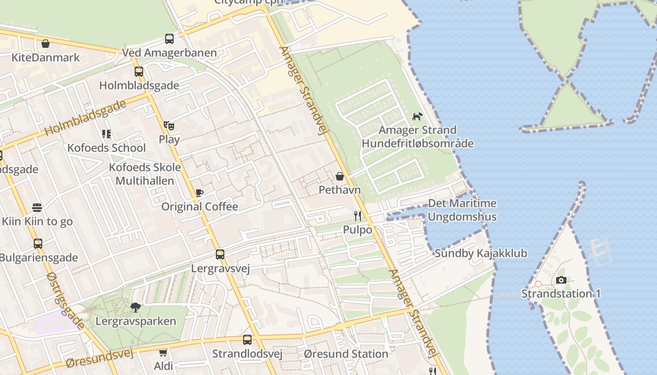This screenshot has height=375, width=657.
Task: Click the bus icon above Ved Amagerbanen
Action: pyautogui.click(x=169, y=39)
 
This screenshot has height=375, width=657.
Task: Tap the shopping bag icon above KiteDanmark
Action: pyautogui.click(x=46, y=44)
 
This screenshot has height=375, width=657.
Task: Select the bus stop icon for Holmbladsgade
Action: pyautogui.click(x=139, y=72)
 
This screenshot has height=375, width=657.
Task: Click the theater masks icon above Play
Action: pyautogui.click(x=169, y=126)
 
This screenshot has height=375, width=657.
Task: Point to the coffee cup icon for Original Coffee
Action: pyautogui.click(x=199, y=193)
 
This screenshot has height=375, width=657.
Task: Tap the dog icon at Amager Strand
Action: pyautogui.click(x=417, y=116)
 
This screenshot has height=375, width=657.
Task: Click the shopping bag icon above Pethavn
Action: pyautogui.click(x=340, y=176)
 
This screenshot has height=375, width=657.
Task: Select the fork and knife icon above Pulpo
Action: pyautogui.click(x=358, y=216)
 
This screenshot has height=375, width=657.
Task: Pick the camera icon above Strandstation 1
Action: pyautogui.click(x=561, y=280)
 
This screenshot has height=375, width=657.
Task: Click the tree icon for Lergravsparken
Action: pyautogui.click(x=136, y=307)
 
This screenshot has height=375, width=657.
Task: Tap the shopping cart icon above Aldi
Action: pyautogui.click(x=163, y=352)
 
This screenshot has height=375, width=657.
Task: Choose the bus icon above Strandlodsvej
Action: pyautogui.click(x=247, y=340)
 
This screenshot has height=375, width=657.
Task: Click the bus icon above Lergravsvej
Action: pyautogui.click(x=220, y=255)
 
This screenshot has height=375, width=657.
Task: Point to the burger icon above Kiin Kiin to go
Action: pyautogui.click(x=38, y=207)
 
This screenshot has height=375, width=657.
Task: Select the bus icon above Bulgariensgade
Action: pyautogui.click(x=38, y=244)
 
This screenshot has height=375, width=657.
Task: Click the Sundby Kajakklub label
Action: pyautogui.click(x=481, y=254)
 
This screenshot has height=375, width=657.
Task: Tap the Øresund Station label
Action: pyautogui.click(x=346, y=354)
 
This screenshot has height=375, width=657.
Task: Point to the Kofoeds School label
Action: pyautogui.click(x=107, y=148)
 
